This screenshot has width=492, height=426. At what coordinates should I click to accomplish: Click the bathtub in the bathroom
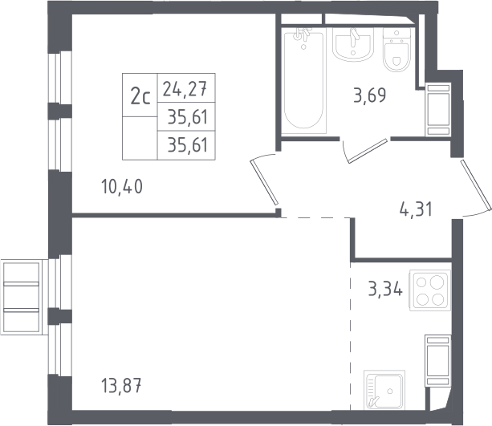[x=303, y=80]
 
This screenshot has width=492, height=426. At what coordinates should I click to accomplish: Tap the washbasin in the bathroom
[x=353, y=44]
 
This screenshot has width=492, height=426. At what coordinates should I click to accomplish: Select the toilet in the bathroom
[x=397, y=51]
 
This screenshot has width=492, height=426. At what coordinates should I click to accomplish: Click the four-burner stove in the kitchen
[x=430, y=290]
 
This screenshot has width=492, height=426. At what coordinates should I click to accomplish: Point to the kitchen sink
[x=384, y=390]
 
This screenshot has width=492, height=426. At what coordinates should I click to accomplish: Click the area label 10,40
[x=122, y=186]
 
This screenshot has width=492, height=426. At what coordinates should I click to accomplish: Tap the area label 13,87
[x=121, y=385]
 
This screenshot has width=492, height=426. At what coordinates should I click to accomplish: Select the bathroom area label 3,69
[x=370, y=95]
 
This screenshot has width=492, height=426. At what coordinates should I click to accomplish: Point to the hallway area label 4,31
[x=416, y=209]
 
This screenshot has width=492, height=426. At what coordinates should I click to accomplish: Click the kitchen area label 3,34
[x=385, y=289]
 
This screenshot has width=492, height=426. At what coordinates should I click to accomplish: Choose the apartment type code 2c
[x=140, y=96]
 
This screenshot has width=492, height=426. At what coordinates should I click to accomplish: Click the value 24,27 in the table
[x=185, y=88]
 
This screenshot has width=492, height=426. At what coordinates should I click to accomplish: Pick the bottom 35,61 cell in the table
[x=188, y=145]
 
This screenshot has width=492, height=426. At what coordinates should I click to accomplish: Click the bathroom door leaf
[x=368, y=151]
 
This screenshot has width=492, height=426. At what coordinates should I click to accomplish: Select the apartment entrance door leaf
[x=476, y=185]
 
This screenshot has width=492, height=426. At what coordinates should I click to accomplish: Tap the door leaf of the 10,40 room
[x=264, y=183]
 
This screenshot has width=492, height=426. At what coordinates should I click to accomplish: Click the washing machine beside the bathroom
[x=438, y=109]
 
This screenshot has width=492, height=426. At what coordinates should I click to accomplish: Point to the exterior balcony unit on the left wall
[x=22, y=297]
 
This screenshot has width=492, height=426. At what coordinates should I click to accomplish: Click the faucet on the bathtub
[x=302, y=35]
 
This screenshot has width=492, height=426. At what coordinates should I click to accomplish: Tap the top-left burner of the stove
[x=421, y=282]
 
